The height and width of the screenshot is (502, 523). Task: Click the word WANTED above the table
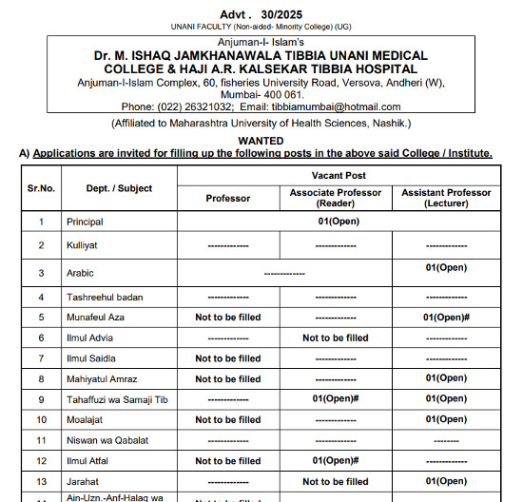[x=261, y=140]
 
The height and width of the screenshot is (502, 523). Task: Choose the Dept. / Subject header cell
[x=119, y=188]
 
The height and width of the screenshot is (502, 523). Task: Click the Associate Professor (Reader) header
[x=336, y=198]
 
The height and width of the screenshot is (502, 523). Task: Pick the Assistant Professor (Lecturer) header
[x=446, y=198]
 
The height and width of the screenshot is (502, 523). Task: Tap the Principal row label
[x=85, y=222]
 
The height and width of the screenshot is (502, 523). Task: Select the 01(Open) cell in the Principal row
[x=337, y=222]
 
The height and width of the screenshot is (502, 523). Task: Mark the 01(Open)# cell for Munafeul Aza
[x=446, y=317]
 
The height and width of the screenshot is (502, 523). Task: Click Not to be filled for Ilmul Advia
[x=336, y=338]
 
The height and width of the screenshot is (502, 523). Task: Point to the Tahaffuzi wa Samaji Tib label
[x=117, y=399]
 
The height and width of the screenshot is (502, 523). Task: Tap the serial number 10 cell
[x=41, y=419]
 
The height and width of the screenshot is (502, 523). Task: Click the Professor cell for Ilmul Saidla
[x=228, y=358]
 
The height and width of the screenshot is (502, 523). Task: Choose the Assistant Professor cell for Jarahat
[x=446, y=481]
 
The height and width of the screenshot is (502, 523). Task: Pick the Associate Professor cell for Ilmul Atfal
[x=336, y=461]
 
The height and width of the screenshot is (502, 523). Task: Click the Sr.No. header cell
[x=41, y=188]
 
